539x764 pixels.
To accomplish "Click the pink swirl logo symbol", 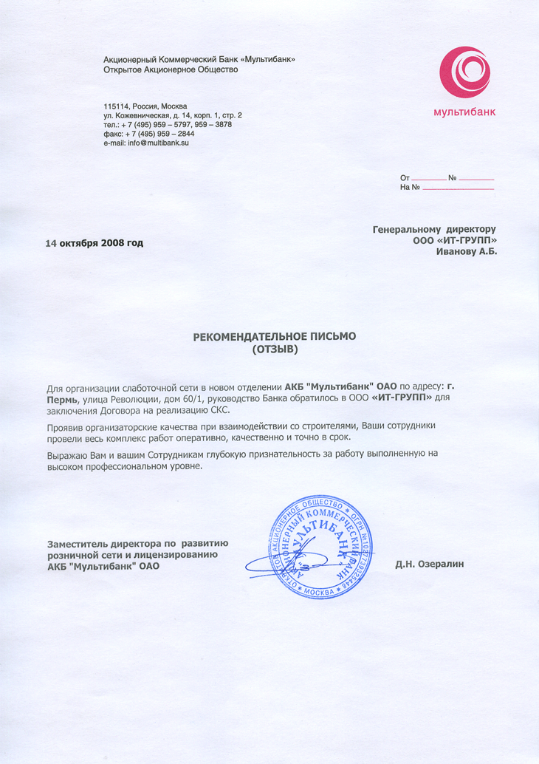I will coord(464,74).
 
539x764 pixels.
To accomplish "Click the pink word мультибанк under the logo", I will coord(464,112).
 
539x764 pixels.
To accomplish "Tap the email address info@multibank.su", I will coord(158,143).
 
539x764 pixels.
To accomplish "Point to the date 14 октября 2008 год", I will coord(95,243).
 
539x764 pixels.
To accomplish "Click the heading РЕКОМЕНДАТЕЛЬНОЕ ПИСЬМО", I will coord(274,336).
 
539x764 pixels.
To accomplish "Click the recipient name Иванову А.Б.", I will coord(467,252).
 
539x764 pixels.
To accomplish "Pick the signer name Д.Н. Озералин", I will coord(429,565).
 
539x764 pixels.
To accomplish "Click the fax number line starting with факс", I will coord(149,134).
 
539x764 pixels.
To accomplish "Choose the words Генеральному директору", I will coord(434,229).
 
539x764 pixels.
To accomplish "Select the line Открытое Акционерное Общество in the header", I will coord(171,69).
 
